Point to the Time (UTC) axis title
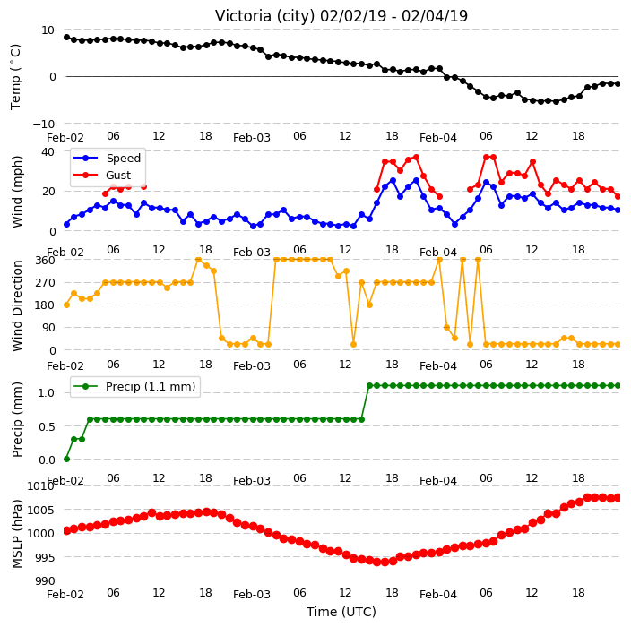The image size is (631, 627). click(x=341, y=612)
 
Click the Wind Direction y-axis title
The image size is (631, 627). click(x=17, y=305)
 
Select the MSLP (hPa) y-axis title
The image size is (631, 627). click(x=17, y=534)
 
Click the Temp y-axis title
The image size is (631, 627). click(x=16, y=77)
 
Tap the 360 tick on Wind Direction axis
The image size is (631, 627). click(x=45, y=261)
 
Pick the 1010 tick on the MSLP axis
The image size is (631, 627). click(x=40, y=486)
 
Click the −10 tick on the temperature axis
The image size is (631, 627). click(x=43, y=124)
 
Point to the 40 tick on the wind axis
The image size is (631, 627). click(x=48, y=152)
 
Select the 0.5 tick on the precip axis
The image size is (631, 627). click(x=47, y=426)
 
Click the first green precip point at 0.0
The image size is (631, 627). click(x=67, y=459)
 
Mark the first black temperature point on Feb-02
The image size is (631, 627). click(x=67, y=38)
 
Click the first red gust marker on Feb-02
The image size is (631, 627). click(x=106, y=193)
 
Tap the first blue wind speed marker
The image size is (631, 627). click(x=67, y=225)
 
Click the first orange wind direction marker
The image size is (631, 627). click(x=67, y=305)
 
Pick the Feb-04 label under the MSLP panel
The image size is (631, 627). click(x=437, y=595)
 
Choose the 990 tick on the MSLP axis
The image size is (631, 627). click(x=45, y=581)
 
